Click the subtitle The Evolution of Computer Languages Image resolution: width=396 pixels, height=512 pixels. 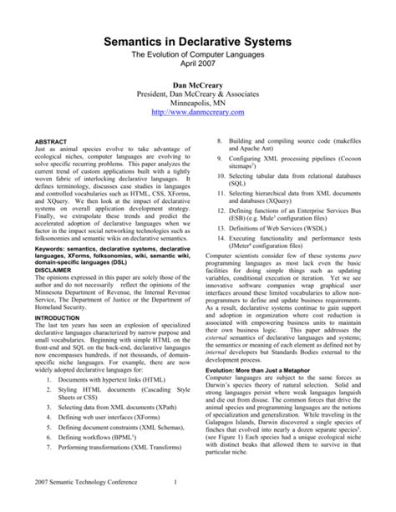[198, 53]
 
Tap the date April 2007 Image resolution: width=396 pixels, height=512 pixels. [198, 63]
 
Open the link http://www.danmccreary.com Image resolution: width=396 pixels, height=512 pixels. [198, 112]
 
